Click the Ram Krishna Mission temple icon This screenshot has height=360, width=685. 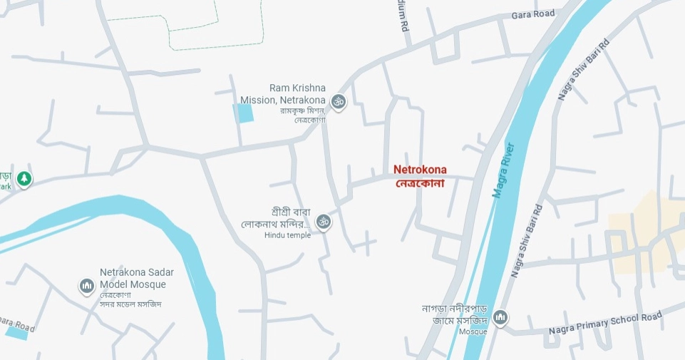(x=339, y=102)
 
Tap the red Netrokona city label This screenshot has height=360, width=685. (x=420, y=170)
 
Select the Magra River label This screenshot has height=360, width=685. (x=503, y=170)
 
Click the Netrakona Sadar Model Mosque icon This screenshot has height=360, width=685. (x=87, y=287)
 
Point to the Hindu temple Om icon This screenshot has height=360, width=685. (x=324, y=222)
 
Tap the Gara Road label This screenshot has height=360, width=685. (x=532, y=14)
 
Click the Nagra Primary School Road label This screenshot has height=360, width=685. (x=605, y=322)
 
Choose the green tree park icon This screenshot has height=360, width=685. (x=25, y=178)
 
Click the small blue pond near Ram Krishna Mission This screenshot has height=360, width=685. (x=244, y=113)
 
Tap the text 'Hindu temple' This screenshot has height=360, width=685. (x=287, y=236)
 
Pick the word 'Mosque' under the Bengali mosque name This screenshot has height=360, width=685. (x=473, y=331)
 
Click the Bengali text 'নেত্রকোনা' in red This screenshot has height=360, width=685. (x=420, y=183)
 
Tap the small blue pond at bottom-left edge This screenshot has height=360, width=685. (x=17, y=330)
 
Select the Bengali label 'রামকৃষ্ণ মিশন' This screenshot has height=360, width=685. (x=302, y=110)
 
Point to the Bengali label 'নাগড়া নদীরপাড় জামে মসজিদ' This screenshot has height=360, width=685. (x=453, y=315)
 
